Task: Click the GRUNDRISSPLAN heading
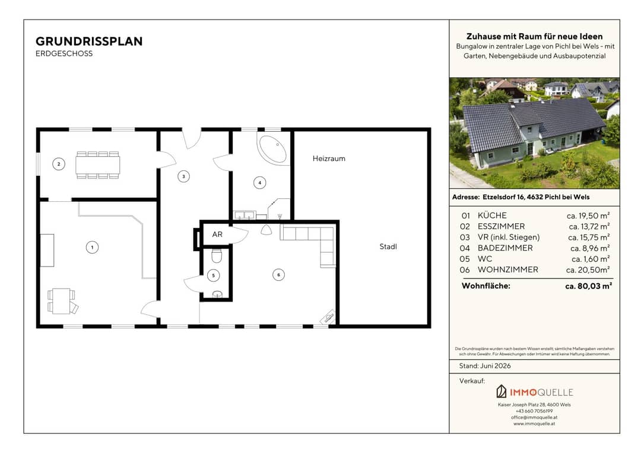[89, 42]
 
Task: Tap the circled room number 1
[93, 248]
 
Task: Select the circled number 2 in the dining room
[59, 164]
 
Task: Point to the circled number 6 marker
[279, 275]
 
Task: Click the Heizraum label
[329, 159]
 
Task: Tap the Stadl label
[388, 246]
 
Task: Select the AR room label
[217, 235]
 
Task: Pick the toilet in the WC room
[217, 256]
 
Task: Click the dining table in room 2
[98, 165]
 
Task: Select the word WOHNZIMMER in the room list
[507, 270]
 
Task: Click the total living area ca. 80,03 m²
[588, 286]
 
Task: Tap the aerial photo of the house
[534, 133]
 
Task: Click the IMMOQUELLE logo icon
[501, 392]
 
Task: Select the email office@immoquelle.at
[534, 417]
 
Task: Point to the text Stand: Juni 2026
[485, 366]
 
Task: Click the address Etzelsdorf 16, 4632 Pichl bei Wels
[536, 197]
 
